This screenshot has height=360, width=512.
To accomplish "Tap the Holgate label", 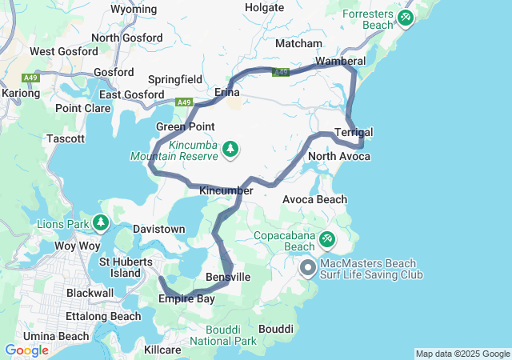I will (265, 7).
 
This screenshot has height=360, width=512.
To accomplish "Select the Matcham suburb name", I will (298, 43).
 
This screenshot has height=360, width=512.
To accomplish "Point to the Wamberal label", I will (341, 61).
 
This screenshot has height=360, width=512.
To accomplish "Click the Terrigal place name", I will (354, 132).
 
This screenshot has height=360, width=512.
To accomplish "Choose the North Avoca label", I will (339, 156).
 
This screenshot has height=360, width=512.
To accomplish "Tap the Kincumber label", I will (226, 190).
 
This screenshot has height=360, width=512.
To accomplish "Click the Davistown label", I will (158, 229).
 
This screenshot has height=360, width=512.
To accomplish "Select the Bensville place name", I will (228, 277).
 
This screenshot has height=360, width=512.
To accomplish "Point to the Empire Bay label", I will (187, 299).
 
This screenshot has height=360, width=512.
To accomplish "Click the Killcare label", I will (163, 350).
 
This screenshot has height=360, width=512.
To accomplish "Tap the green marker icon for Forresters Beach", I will (406, 17).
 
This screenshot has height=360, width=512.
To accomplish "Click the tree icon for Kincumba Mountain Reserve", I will (230, 148).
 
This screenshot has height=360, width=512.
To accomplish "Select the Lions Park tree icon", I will (101, 222).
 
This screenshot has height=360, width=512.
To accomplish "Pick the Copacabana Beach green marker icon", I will (328, 238).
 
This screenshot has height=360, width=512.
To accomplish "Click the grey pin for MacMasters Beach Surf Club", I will (308, 268).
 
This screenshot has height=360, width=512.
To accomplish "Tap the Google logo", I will (27, 350).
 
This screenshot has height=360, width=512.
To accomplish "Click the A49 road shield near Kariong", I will (32, 78).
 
